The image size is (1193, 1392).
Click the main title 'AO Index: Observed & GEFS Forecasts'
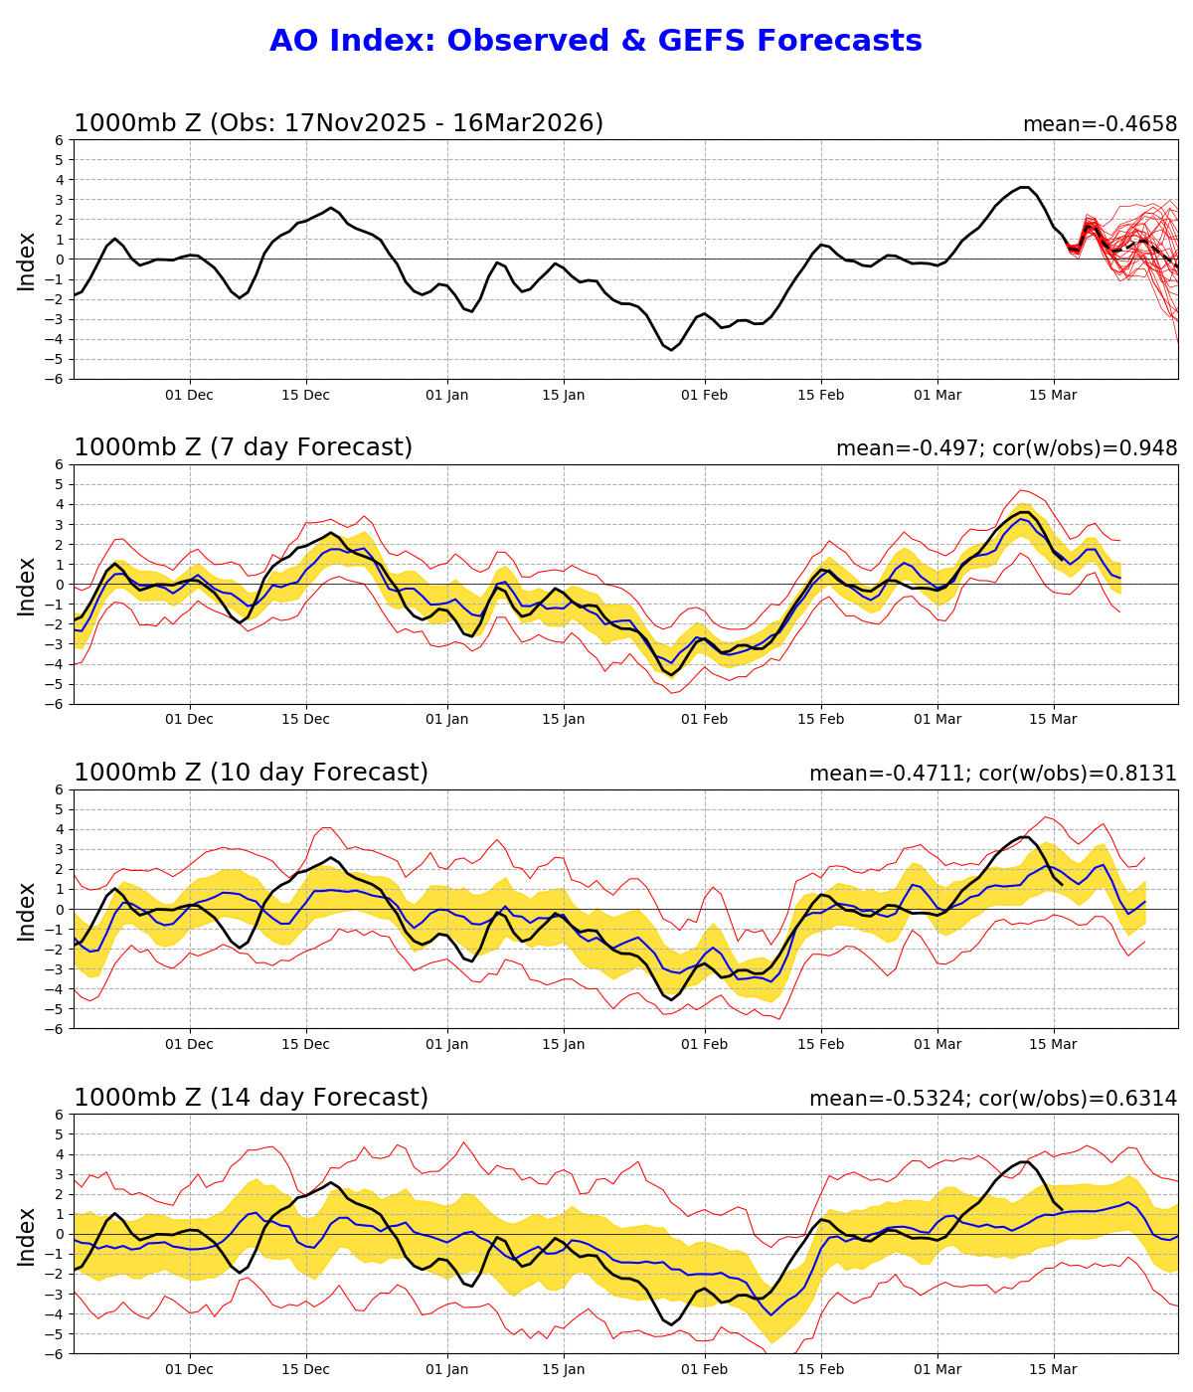pos(596,41)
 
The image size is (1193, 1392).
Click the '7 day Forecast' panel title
pos(243,447)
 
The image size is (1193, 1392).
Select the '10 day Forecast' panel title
pos(251,773)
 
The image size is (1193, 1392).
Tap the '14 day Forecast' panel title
pos(251,1098)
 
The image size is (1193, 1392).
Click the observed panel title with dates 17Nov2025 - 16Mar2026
pos(338,123)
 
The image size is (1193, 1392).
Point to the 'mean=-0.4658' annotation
pos(1100,124)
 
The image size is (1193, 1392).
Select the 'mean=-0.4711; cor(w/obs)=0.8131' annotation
pos(992,774)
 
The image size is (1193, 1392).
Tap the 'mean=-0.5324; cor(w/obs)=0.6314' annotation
pos(992,1099)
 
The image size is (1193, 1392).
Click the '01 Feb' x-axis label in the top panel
pos(705,395)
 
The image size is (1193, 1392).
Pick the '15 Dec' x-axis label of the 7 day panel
pos(305,720)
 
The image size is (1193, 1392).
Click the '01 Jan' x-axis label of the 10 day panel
pos(446,1045)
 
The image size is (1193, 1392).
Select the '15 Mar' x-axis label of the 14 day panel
pos(1053,1370)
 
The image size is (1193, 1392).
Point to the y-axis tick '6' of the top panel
pos(60,140)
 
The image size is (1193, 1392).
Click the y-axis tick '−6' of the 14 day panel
pos(56,1353)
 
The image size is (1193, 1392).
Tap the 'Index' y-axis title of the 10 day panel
pos(27,910)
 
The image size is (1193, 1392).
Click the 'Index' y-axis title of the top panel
pos(27,261)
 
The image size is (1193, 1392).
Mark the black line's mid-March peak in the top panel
pos(1024,187)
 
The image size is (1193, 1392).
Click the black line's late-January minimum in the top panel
pos(672,349)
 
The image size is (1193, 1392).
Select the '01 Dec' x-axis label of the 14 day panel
pos(189,1370)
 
